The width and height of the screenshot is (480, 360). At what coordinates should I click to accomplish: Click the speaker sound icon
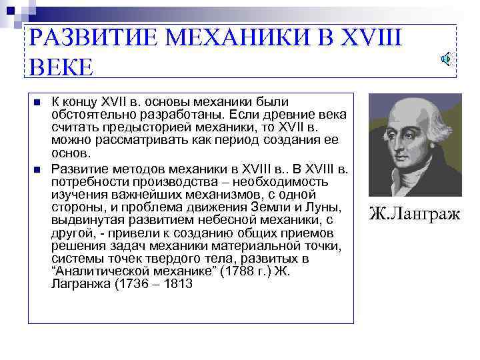click(x=446, y=59)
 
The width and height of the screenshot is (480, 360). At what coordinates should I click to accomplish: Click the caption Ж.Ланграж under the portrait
click(x=414, y=214)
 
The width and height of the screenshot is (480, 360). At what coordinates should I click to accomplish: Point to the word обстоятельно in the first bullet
click(x=90, y=115)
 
